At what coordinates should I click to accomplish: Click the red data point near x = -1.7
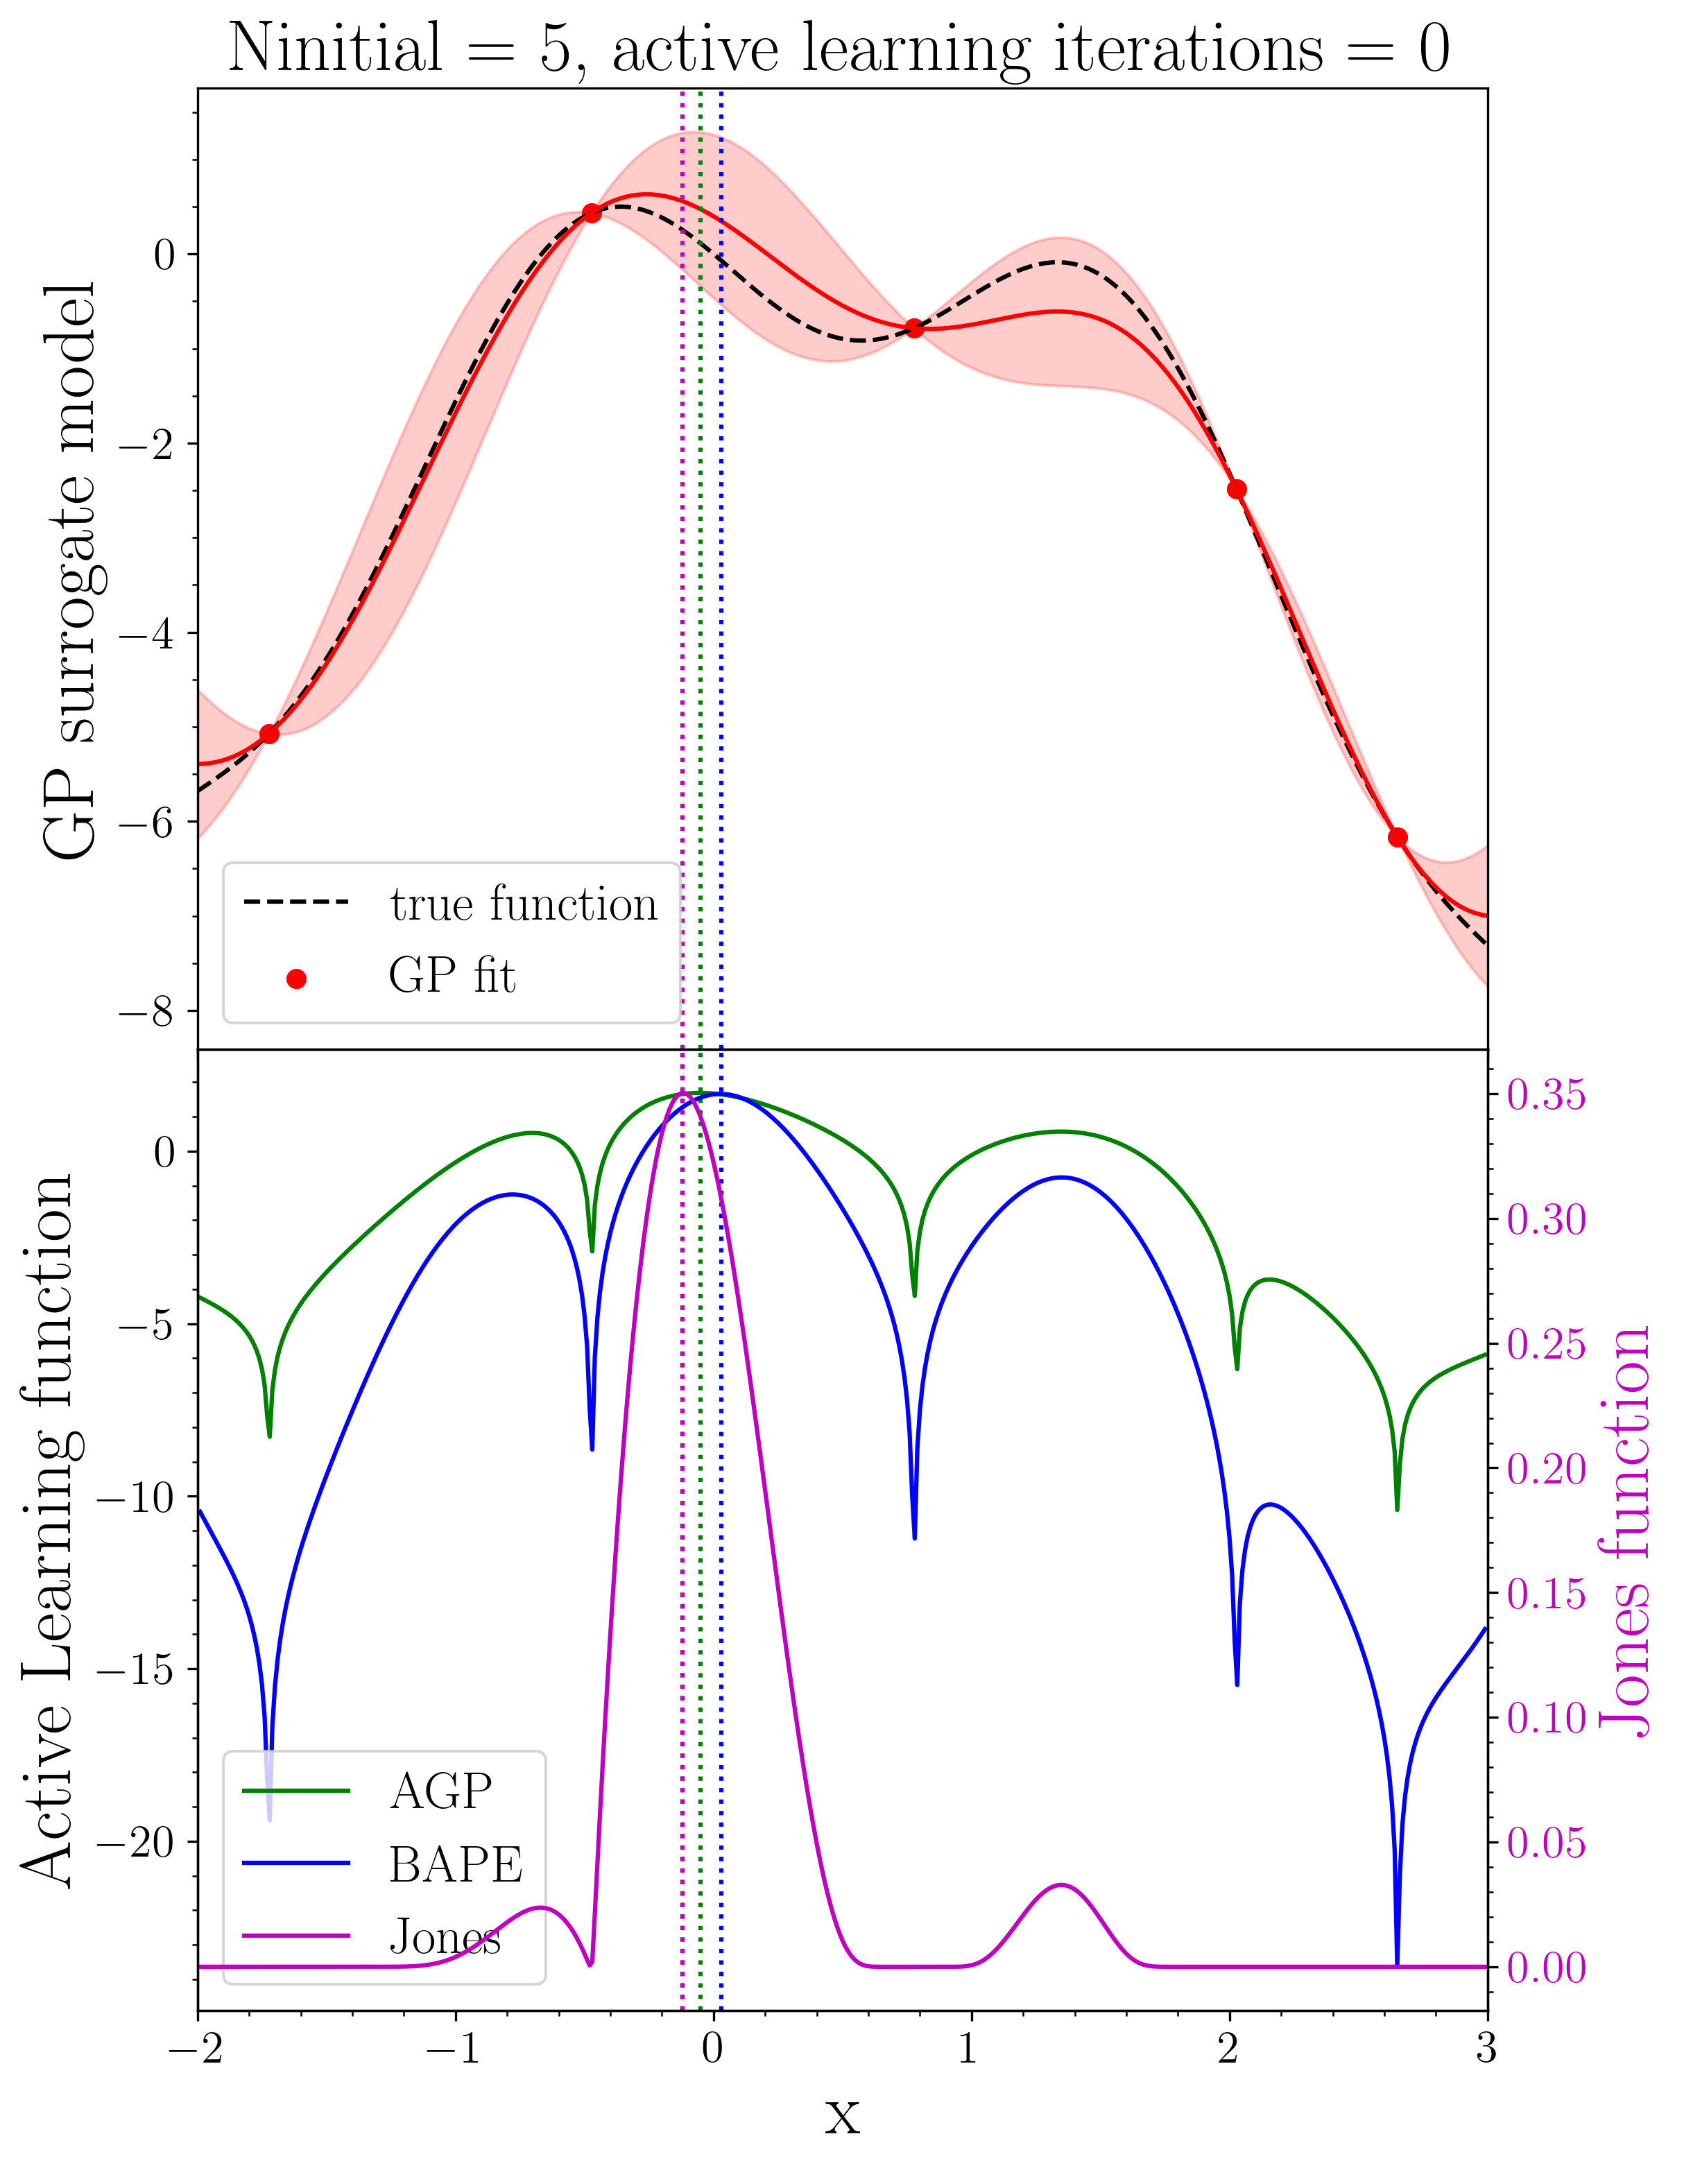[x=269, y=734]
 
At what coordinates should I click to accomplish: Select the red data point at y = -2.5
[x=1236, y=490]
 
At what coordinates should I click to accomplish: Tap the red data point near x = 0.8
[x=915, y=329]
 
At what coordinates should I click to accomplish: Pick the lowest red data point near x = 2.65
[x=1397, y=837]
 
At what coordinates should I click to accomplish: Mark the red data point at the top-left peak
[x=592, y=212]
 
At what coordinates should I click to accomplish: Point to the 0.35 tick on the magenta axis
[x=1546, y=1095]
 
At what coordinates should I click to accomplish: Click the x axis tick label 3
[x=1486, y=2049]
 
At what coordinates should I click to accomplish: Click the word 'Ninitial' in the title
[x=336, y=48]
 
